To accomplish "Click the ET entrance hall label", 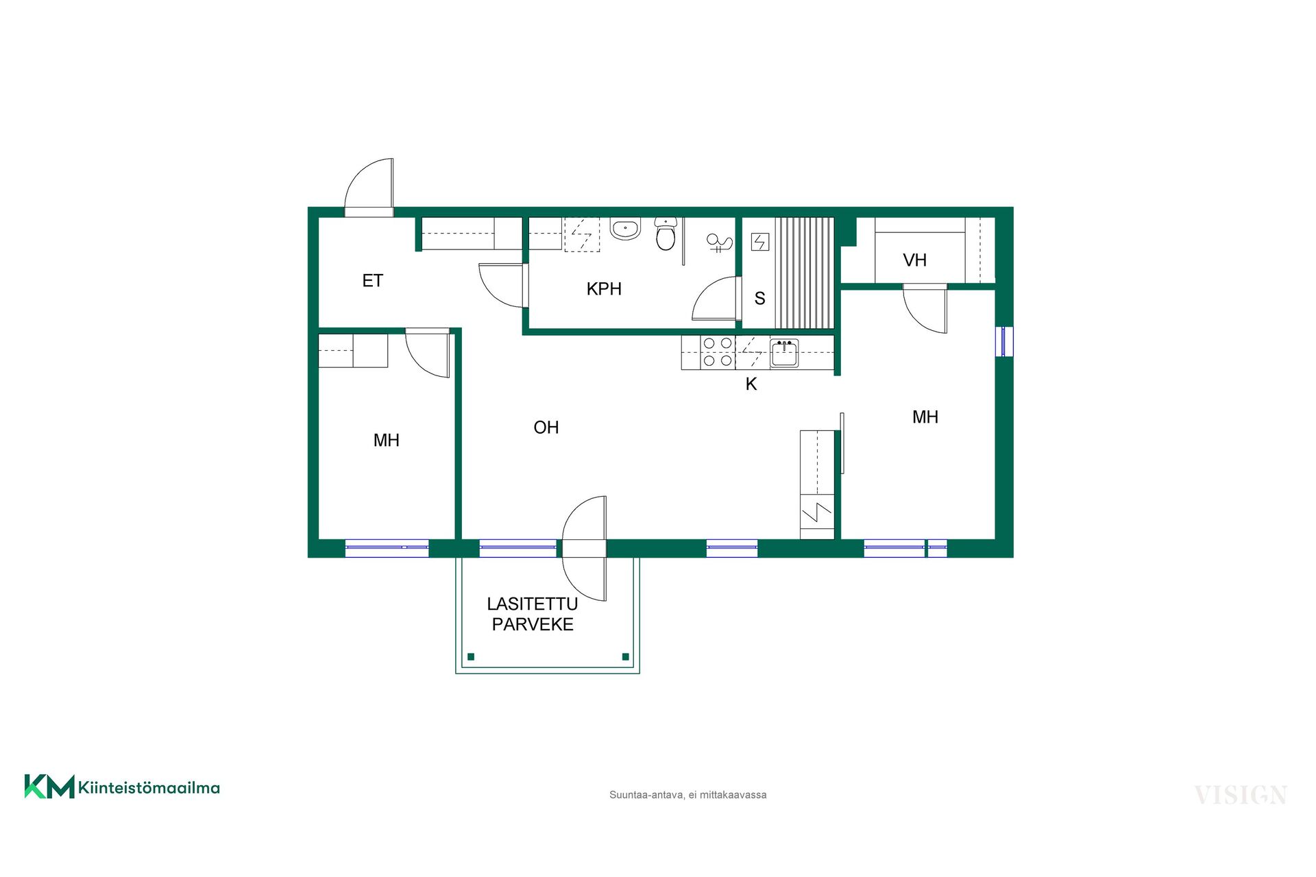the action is tap(372, 281).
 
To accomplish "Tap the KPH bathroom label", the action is tap(604, 289).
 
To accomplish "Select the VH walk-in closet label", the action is tap(914, 260).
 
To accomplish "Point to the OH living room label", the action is tap(546, 428).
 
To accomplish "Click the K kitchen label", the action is tap(751, 384).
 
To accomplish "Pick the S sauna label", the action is tap(759, 299).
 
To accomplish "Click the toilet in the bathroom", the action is tap(666, 234).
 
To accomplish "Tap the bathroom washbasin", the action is tap(625, 229).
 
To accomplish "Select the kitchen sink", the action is tap(784, 354).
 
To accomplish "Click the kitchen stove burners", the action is tap(718, 352).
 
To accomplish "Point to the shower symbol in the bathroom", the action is tap(719, 243).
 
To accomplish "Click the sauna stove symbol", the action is tap(760, 242).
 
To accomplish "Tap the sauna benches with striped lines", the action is tap(805, 273).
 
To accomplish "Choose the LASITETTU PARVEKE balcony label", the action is tap(533, 614).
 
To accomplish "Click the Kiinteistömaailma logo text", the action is tap(149, 788).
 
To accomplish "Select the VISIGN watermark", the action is tap(1241, 795).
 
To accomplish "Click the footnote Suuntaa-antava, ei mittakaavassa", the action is tap(687, 795).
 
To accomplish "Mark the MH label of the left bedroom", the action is tap(387, 441).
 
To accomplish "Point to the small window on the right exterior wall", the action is tap(1004, 342).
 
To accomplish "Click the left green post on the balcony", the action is tap(471, 657).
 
